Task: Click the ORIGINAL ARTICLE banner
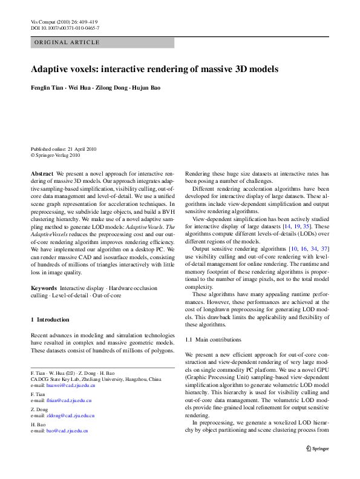point(67,43)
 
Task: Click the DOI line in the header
point(65,28)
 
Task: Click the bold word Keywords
point(44,288)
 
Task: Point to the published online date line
point(64,149)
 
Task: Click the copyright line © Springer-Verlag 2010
point(55,155)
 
